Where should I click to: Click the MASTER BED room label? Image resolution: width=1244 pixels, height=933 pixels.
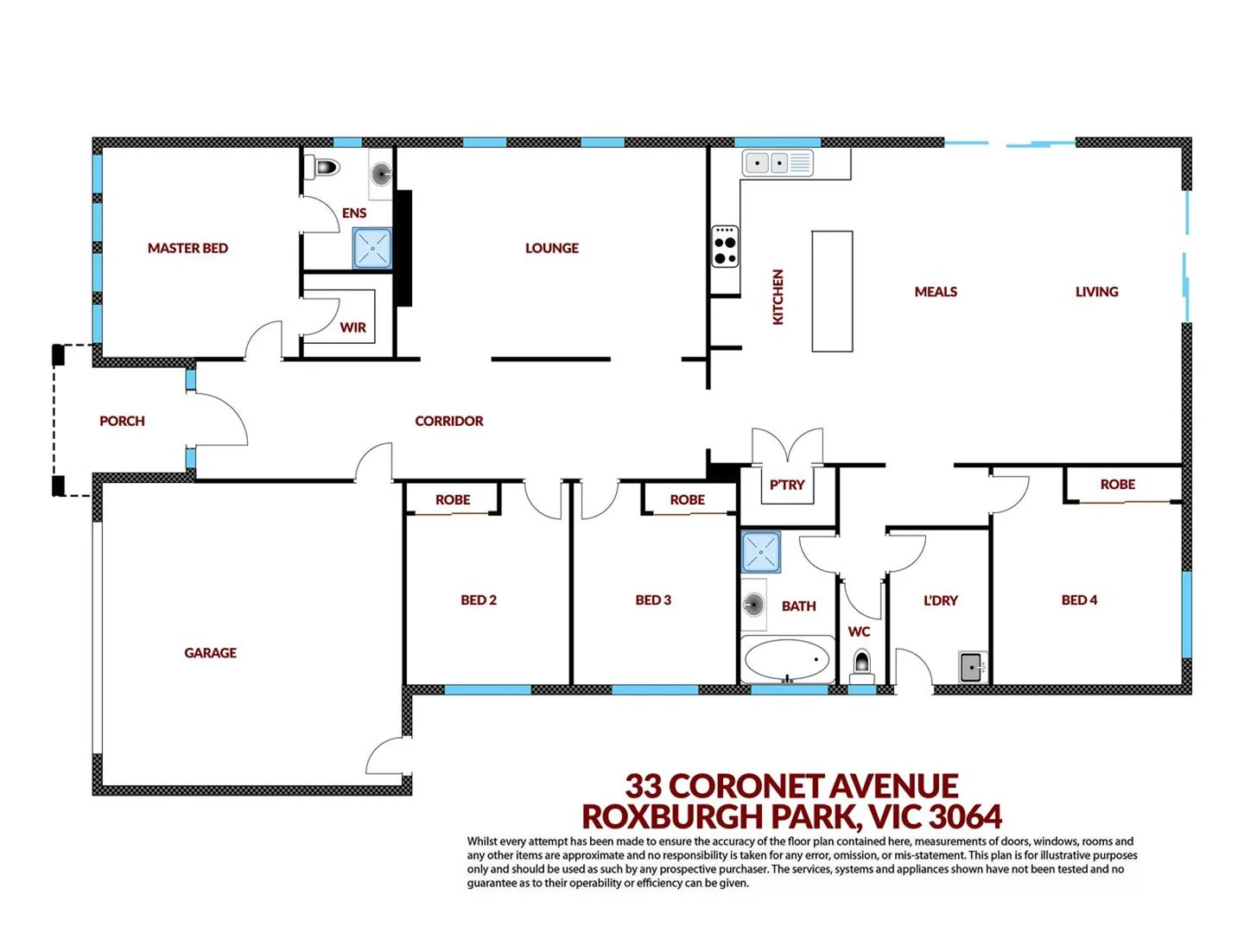(187, 248)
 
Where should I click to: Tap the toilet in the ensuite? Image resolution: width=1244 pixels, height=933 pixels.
(326, 167)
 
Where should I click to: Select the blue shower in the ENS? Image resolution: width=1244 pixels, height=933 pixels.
(372, 248)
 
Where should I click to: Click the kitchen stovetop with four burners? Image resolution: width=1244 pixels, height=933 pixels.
(725, 246)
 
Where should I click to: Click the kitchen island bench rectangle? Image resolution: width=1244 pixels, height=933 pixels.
(832, 291)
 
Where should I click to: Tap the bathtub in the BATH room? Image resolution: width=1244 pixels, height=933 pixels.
(787, 661)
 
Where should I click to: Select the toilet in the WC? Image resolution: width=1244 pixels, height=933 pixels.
(861, 664)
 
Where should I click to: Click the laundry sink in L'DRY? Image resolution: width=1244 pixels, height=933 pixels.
(972, 667)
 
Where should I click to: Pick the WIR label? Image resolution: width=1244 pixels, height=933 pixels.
(352, 327)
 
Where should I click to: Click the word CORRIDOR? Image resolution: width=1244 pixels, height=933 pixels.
(448, 421)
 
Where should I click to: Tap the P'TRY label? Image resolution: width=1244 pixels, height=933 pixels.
(787, 485)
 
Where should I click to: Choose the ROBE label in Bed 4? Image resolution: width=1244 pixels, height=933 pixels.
(1117, 485)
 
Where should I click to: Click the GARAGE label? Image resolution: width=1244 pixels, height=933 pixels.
(210, 653)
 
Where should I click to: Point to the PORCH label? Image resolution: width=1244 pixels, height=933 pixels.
(122, 421)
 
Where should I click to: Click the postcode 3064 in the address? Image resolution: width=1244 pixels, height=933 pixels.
(966, 816)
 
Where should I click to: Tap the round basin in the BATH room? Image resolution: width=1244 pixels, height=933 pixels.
(753, 605)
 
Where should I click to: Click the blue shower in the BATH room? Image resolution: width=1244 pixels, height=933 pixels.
(761, 552)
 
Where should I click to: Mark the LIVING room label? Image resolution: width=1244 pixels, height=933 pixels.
(1096, 292)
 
